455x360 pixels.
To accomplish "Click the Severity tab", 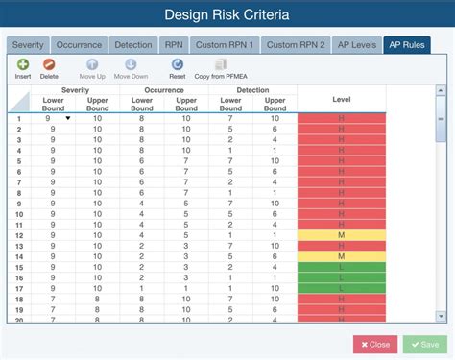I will click(x=28, y=44).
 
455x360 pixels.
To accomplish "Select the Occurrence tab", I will click(x=79, y=44).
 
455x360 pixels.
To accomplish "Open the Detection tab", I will click(x=132, y=44).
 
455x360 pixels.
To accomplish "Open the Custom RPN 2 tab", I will click(x=295, y=44).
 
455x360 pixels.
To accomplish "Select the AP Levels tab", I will click(x=355, y=44).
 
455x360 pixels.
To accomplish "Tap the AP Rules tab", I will click(x=406, y=44).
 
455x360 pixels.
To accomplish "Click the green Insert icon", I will click(x=23, y=63).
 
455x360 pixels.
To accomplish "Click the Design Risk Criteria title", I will click(x=227, y=14).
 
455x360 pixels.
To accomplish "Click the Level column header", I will click(x=341, y=99).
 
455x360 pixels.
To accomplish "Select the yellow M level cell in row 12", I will click(x=341, y=234).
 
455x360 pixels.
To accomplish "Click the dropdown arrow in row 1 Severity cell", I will click(x=67, y=118).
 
